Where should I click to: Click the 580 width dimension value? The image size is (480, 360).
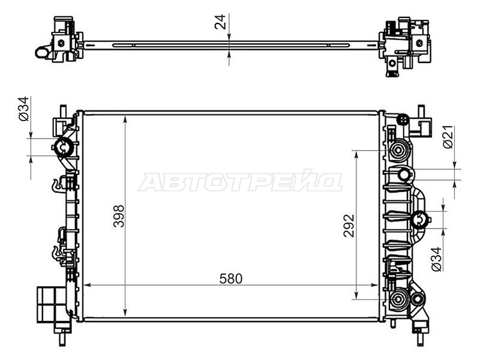[x=231, y=278]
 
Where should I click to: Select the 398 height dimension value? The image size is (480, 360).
[x=119, y=216]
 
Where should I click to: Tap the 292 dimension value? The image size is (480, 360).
[x=349, y=226]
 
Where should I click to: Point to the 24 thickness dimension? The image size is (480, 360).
[x=220, y=22]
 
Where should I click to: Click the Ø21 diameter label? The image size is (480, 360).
[x=448, y=137]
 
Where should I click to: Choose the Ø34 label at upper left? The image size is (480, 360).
[x=23, y=109]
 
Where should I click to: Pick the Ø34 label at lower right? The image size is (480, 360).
[x=437, y=259]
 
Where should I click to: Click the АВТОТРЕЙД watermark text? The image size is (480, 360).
[x=241, y=181]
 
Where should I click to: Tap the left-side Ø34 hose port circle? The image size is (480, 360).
[x=64, y=148]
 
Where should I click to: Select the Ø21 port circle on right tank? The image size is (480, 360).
[x=404, y=175]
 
